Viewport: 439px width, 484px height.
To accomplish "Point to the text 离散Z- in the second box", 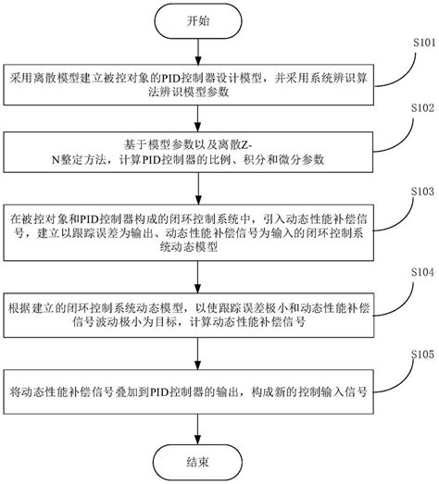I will [x=245, y=142].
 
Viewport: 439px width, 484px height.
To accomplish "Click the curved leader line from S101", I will [x=400, y=63].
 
